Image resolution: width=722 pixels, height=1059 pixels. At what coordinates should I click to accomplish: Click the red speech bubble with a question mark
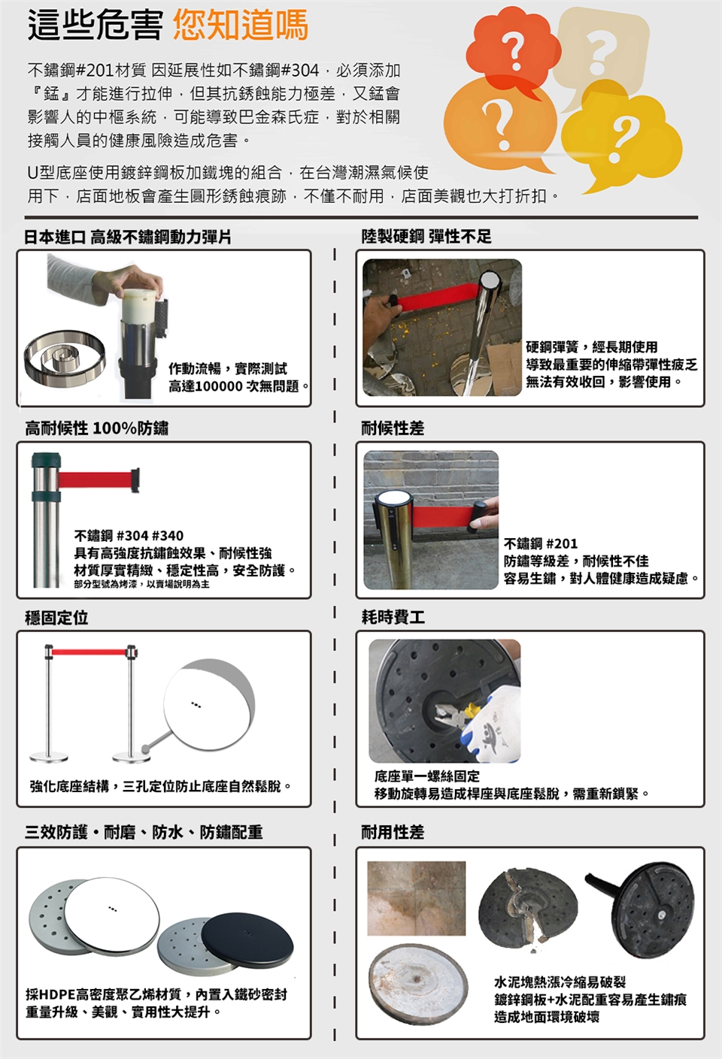click(x=513, y=51)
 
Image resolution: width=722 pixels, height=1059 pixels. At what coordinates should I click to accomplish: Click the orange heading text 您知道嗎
click(x=241, y=25)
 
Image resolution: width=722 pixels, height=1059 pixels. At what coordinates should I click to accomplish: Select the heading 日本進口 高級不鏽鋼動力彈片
click(x=128, y=237)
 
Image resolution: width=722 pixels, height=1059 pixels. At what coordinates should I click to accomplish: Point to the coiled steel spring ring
click(x=65, y=358)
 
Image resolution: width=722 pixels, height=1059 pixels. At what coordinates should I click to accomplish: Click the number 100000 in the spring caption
click(x=219, y=386)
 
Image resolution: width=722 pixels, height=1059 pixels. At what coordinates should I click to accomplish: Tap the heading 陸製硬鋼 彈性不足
click(x=426, y=236)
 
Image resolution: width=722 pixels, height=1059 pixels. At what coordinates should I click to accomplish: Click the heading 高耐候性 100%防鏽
click(x=96, y=428)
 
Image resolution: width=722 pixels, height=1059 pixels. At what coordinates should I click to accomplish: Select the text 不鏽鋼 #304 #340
click(x=129, y=536)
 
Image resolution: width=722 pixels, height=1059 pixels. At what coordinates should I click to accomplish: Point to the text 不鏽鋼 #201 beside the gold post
click(x=541, y=543)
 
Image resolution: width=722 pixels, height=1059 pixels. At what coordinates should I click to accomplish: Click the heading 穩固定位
click(x=56, y=617)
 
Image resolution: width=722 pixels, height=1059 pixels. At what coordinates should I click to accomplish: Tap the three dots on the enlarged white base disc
click(x=196, y=705)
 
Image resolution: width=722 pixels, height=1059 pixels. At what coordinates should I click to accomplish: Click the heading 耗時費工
click(x=393, y=617)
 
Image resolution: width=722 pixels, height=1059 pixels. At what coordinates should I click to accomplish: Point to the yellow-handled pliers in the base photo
click(x=455, y=713)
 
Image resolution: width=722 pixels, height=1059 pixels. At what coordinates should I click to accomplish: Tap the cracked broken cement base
click(x=527, y=909)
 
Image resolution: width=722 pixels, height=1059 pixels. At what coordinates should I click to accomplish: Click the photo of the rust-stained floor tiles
click(x=417, y=898)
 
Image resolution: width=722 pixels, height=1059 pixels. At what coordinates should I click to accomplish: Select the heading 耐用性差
click(x=393, y=831)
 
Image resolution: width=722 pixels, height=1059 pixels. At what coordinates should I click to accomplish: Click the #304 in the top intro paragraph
click(x=300, y=71)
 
